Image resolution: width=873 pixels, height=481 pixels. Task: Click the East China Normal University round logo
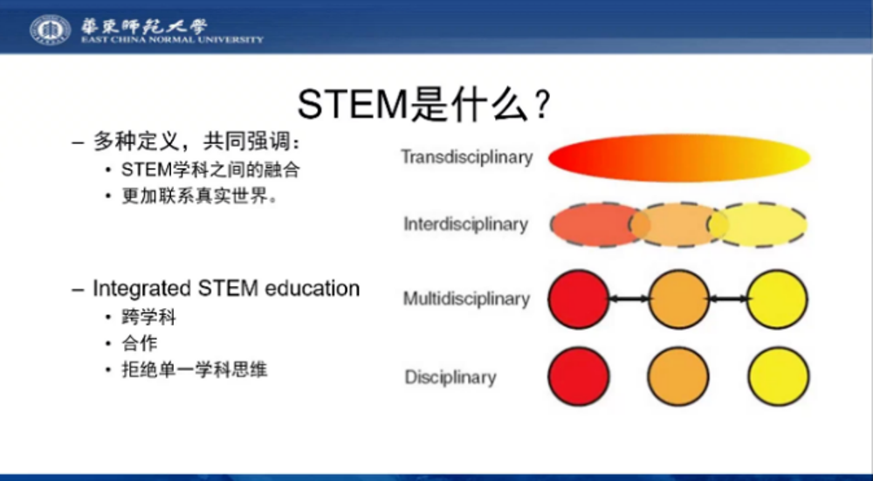[x=50, y=30]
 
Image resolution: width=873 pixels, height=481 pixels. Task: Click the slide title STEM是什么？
[x=425, y=104]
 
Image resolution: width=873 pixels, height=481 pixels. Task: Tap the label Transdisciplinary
[x=466, y=157]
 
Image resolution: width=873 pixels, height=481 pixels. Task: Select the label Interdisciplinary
[x=466, y=223]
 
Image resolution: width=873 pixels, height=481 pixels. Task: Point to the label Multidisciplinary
[x=466, y=299]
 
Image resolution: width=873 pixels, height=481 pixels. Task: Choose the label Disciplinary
[x=450, y=377]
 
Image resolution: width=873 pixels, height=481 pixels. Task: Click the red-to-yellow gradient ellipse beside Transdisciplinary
[x=679, y=157]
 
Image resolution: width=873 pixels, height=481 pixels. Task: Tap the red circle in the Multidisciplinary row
[x=579, y=299]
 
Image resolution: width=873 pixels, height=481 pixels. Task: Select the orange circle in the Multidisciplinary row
[x=678, y=299]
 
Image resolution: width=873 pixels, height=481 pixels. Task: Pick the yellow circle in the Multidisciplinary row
[x=777, y=299]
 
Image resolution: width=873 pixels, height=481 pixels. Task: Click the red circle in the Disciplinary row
[x=579, y=376]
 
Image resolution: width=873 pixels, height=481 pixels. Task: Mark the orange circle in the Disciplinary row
[x=678, y=376]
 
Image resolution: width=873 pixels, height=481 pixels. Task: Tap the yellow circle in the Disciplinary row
[x=779, y=376]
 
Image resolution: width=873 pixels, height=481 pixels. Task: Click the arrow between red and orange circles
[x=629, y=299]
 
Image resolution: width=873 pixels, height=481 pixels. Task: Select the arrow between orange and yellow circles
[x=728, y=299]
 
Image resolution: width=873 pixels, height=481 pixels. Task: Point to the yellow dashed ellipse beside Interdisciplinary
[x=757, y=224]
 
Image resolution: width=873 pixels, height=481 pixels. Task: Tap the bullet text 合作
[x=140, y=343]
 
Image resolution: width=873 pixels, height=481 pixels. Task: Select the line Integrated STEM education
[x=226, y=288]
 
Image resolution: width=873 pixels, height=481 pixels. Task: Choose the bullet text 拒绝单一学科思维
[x=195, y=369]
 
